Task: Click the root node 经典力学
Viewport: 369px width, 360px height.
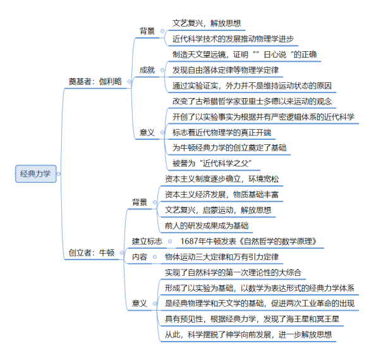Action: pyautogui.click(x=36, y=174)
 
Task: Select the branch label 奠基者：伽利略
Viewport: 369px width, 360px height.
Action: pyautogui.click(x=95, y=82)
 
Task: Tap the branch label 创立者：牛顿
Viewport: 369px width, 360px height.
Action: pyautogui.click(x=92, y=252)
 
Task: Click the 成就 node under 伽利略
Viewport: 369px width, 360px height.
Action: pyautogui.click(x=147, y=70)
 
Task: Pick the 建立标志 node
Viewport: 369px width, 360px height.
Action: pyautogui.click(x=147, y=241)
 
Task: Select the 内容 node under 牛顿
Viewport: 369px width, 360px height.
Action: pyautogui.click(x=140, y=257)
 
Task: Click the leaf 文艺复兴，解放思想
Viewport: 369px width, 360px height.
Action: pyautogui.click(x=207, y=23)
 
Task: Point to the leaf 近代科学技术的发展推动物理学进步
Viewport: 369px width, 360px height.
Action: pyautogui.click(x=233, y=39)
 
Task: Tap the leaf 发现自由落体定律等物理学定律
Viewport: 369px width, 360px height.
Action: pyautogui.click(x=226, y=70)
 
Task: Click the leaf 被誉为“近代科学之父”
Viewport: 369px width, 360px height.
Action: pyautogui.click(x=212, y=163)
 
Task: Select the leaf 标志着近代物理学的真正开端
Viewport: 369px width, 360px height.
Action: pyautogui.click(x=222, y=132)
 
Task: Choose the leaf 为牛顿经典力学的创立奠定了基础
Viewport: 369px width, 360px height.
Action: pyautogui.click(x=229, y=147)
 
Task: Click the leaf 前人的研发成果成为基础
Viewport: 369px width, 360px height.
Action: pyautogui.click(x=207, y=226)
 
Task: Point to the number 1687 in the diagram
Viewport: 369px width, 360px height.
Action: pyautogui.click(x=189, y=241)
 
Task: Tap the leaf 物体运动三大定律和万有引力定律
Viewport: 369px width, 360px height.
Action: pyautogui.click(x=222, y=257)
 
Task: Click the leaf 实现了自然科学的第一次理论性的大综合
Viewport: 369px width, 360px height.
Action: pyautogui.click(x=233, y=273)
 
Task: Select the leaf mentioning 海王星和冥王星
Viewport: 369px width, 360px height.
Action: pyautogui.click(x=252, y=319)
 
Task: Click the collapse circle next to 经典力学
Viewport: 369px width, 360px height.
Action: pyautogui.click(x=59, y=174)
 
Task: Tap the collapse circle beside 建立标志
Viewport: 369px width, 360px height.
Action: pyautogui.click(x=170, y=242)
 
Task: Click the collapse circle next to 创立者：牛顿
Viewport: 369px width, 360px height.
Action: pyautogui.click(x=122, y=253)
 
